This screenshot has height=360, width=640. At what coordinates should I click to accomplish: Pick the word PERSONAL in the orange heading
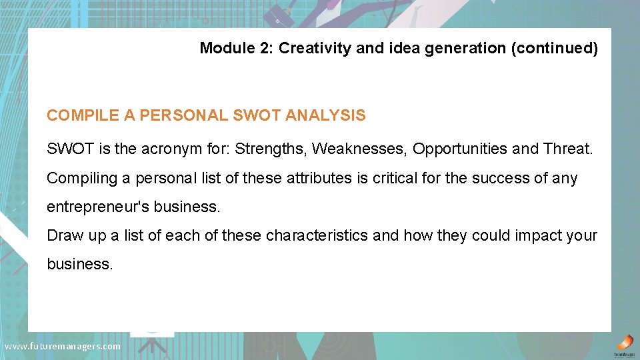click(x=177, y=115)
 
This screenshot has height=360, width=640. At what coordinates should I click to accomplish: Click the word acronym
click(x=167, y=149)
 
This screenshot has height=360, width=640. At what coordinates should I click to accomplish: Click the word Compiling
click(x=78, y=179)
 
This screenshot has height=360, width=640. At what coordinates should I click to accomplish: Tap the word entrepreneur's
click(x=97, y=207)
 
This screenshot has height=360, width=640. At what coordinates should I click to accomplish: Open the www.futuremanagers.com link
click(x=63, y=347)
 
